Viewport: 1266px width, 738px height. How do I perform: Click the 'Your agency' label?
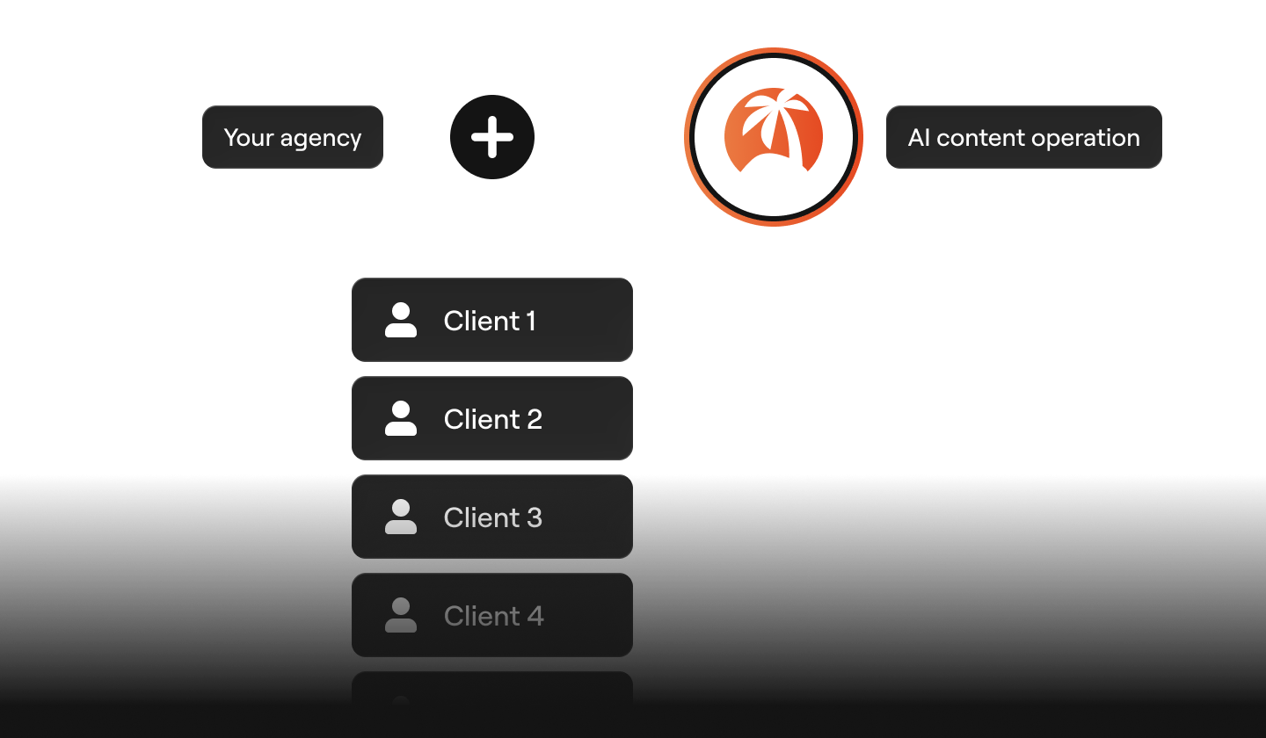tap(292, 138)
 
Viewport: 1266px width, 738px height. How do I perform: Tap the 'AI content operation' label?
tap(1023, 138)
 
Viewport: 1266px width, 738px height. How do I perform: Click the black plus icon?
tap(492, 138)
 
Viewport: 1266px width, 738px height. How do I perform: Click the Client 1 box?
tap(491, 321)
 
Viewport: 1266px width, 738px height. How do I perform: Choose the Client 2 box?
tap(491, 419)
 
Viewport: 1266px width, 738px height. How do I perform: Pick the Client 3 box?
tap(491, 517)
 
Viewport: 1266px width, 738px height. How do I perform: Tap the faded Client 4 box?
tap(491, 616)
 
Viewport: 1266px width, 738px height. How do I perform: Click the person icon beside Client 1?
tap(401, 321)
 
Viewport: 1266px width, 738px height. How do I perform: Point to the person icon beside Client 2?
tap(401, 419)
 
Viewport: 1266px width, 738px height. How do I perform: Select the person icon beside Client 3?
tap(401, 517)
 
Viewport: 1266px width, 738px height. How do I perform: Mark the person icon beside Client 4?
tap(401, 616)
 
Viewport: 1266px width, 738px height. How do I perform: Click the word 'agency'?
tap(320, 140)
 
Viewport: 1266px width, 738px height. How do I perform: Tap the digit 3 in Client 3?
tap(534, 517)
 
